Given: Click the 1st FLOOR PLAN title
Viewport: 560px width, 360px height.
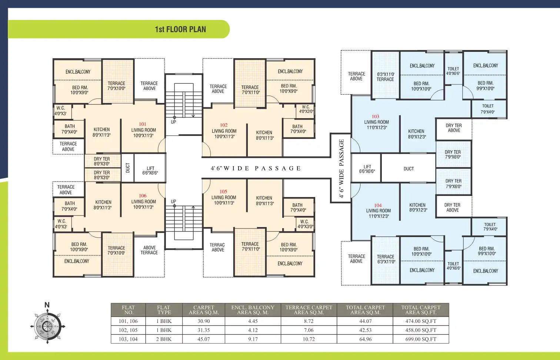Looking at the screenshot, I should [180, 29].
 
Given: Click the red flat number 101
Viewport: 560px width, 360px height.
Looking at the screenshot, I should [143, 124].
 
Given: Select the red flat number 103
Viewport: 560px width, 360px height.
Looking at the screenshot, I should [376, 116].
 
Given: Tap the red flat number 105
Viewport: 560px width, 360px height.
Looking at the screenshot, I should [223, 191].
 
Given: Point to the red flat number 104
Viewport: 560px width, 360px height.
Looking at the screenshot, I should [378, 205].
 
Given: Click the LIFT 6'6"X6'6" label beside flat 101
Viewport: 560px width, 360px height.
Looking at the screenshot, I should [150, 170].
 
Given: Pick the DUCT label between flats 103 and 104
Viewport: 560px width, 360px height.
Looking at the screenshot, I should [409, 169].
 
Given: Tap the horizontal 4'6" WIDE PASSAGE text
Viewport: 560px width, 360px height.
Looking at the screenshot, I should [256, 168].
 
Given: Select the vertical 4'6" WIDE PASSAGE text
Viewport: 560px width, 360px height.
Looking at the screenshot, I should [341, 168].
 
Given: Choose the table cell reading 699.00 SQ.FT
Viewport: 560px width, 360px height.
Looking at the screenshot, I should [421, 339].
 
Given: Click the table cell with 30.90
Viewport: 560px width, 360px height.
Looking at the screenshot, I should [204, 321].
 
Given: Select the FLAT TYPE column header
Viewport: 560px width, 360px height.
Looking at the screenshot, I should [164, 310].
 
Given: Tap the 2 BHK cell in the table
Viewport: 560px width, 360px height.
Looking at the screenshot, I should [164, 339].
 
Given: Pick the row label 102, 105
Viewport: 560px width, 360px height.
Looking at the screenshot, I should [128, 330].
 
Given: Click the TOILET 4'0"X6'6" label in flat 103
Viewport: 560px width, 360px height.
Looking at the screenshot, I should [453, 71].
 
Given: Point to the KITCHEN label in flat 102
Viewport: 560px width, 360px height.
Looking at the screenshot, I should [264, 135].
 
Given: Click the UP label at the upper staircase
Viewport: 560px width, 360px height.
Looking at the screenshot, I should [173, 122].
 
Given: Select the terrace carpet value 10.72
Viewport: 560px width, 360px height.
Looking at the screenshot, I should [309, 339].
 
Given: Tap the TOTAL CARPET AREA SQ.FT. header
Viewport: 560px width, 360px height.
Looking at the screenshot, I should [421, 310].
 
